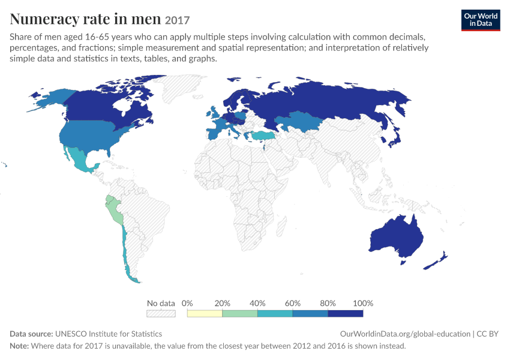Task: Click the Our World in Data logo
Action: click(481, 20)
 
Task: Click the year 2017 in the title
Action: click(177, 20)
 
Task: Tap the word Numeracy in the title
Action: click(44, 19)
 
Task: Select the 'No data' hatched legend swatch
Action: click(161, 313)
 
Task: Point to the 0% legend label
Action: click(187, 304)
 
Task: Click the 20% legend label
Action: click(222, 304)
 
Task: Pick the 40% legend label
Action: click(257, 304)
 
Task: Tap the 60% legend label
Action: click(292, 304)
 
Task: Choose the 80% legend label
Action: click(328, 304)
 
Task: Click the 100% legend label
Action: click(363, 304)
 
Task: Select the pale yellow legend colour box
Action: click(205, 313)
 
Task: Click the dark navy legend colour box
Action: click(346, 313)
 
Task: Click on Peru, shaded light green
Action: click(115, 210)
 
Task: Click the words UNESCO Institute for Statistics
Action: click(109, 334)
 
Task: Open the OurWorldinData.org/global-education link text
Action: click(405, 334)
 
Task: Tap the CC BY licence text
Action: click(487, 334)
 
